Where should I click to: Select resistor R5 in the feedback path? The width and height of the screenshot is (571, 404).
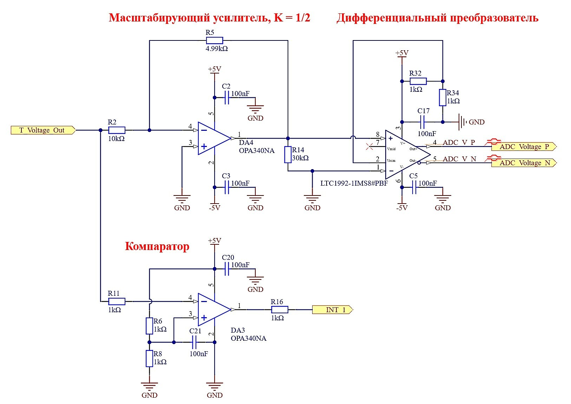[x=214, y=40]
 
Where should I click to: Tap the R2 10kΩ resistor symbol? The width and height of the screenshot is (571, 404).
[x=117, y=130]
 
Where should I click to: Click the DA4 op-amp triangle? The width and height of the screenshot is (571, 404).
[x=213, y=138]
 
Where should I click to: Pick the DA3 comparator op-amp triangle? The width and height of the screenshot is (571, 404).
[x=213, y=310]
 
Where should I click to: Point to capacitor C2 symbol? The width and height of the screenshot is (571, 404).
[x=227, y=97]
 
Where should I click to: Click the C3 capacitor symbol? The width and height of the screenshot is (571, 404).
[x=227, y=187]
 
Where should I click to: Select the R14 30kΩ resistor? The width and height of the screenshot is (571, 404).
[x=288, y=155]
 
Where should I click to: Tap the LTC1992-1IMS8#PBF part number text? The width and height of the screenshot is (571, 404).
[x=354, y=183]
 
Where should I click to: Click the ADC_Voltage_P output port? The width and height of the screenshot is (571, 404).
[x=523, y=147]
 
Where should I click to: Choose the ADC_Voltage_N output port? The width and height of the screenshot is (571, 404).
[x=523, y=163]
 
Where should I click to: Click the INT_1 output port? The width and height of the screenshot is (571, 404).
[x=332, y=310]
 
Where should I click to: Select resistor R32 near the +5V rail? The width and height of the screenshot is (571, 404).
[x=418, y=81]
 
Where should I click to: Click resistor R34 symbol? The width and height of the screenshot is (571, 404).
[x=443, y=97]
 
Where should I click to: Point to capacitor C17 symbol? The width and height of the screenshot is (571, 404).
[x=422, y=122]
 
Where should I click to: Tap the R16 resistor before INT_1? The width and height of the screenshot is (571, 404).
[x=280, y=310]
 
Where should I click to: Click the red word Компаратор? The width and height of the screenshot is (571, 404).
[x=157, y=246]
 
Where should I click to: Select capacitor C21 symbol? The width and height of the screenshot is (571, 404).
[x=194, y=342]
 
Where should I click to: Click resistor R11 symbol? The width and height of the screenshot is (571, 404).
[x=117, y=301]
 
